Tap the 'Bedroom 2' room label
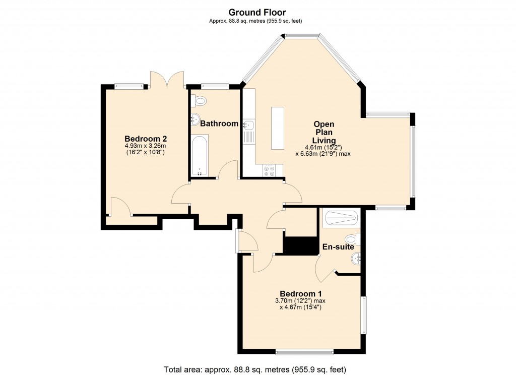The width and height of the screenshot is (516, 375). pyautogui.click(x=146, y=139)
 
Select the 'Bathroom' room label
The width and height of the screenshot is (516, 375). pyautogui.click(x=219, y=123)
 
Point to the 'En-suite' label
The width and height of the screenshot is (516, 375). pyautogui.click(x=338, y=247)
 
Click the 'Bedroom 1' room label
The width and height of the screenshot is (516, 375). pyautogui.click(x=301, y=294)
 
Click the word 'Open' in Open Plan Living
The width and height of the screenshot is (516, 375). pyautogui.click(x=324, y=124)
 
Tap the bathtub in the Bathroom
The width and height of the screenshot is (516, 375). pyautogui.click(x=200, y=155)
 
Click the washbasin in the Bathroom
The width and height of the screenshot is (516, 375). pyautogui.click(x=195, y=120)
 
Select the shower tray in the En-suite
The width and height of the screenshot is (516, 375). pyautogui.click(x=341, y=218)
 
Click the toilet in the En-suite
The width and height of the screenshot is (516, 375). pyautogui.click(x=352, y=238)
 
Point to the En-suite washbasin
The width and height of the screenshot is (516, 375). pyautogui.click(x=356, y=259)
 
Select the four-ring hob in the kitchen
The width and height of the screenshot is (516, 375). pyautogui.click(x=269, y=171)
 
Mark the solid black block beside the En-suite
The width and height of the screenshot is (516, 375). pyautogui.click(x=299, y=245)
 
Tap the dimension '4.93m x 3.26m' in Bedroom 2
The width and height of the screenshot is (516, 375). pyautogui.click(x=146, y=146)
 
